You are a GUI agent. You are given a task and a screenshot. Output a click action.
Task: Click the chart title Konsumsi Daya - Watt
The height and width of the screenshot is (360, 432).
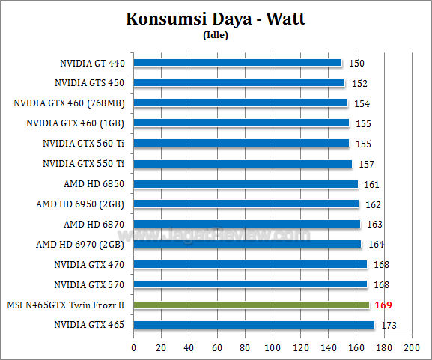click(216, 17)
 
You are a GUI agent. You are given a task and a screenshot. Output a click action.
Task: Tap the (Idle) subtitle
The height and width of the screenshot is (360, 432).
click(216, 34)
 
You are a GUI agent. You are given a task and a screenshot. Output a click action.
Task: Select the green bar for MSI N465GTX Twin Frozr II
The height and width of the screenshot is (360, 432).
click(251, 305)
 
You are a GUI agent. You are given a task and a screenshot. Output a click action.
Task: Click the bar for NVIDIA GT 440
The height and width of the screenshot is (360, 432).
click(237, 63)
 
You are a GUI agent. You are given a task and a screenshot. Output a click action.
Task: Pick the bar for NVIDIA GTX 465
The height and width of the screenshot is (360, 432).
click(253, 325)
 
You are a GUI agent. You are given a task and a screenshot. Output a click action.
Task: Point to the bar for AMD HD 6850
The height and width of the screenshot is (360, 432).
click(245, 183)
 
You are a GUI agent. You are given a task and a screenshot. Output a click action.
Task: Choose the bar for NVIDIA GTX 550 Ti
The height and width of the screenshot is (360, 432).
click(242, 163)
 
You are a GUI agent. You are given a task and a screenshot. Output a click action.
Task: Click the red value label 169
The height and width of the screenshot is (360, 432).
click(383, 305)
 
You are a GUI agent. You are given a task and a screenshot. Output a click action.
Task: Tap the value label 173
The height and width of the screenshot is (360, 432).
click(388, 326)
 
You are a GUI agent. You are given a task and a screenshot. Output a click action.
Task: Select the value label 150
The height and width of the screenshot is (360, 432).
click(357, 64)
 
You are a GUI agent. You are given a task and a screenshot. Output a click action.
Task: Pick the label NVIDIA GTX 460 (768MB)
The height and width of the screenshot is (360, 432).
click(68, 103)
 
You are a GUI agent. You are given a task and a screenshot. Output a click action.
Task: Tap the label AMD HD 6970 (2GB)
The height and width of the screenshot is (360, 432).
click(79, 244)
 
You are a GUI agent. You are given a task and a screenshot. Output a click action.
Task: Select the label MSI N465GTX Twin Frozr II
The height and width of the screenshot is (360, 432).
click(64, 305)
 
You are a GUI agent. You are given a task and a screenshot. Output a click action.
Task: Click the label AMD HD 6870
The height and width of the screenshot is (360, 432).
click(94, 224)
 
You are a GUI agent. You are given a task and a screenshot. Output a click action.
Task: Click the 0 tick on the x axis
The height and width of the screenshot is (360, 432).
click(133, 348)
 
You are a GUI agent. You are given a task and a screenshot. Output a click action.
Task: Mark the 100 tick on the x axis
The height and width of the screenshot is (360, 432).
click(272, 348)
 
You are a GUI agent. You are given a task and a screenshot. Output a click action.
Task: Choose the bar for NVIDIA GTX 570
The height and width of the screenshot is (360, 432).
click(250, 284)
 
